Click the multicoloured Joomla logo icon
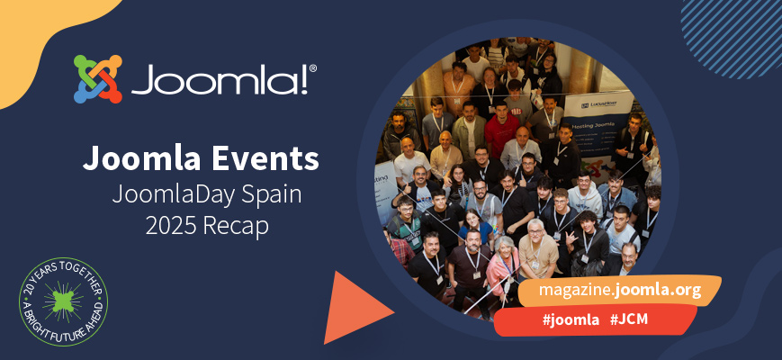97,79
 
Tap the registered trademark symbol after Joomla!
312,67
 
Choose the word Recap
239,227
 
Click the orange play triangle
355,307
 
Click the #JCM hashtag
630,319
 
